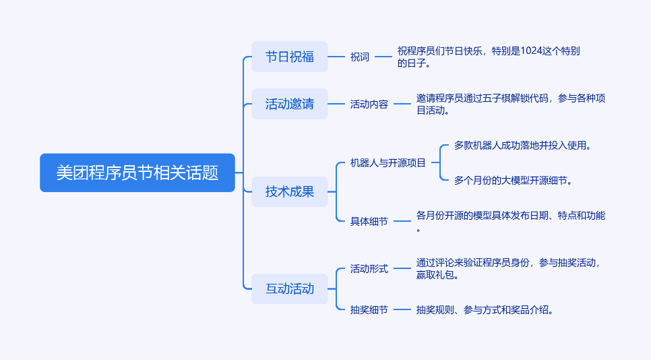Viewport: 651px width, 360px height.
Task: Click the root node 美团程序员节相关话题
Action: [137, 173]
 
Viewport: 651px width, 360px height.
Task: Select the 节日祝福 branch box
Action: [289, 57]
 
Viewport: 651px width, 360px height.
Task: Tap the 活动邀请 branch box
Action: [289, 104]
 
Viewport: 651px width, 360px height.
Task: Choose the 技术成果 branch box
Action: [289, 191]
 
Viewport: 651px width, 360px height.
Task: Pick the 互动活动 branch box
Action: [289, 289]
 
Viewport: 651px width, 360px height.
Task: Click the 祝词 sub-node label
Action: [360, 57]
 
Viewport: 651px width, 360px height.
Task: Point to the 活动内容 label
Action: [369, 104]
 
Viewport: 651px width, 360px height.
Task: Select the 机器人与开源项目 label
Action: [387, 162]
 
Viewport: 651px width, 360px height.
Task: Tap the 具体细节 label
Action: [369, 221]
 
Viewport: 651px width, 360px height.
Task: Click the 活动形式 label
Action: [369, 268]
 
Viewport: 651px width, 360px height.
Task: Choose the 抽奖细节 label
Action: [369, 310]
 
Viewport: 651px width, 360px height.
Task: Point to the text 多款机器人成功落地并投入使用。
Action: [522, 145]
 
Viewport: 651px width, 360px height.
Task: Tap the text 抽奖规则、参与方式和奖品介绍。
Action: [485, 310]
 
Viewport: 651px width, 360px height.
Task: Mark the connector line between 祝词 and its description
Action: [383, 57]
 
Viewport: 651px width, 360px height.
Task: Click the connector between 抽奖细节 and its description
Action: [402, 310]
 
